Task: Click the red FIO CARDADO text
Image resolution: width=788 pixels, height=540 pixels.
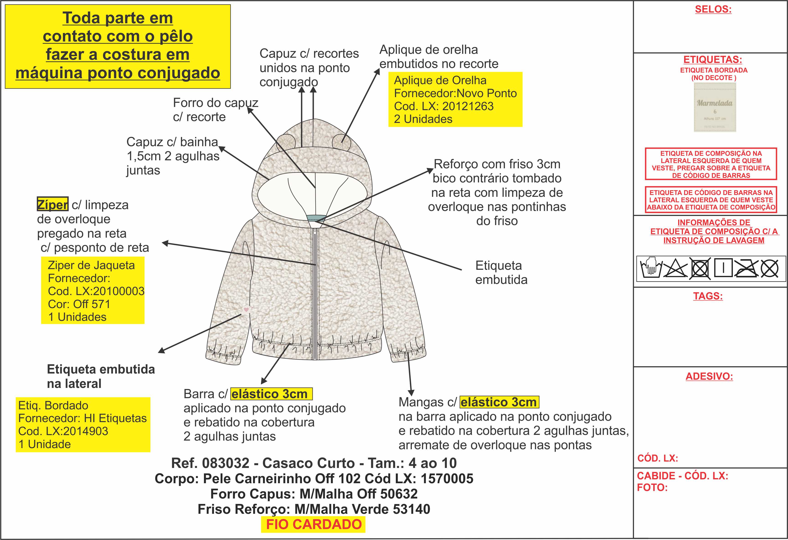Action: tap(314, 524)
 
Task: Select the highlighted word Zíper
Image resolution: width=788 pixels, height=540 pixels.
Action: tap(53, 205)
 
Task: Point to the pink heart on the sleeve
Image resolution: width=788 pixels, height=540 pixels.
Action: tap(246, 309)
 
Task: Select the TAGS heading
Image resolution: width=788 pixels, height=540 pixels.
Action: tap(708, 296)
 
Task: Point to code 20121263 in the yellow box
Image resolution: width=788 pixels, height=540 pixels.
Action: tap(468, 106)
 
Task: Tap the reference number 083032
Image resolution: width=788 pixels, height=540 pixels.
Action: tap(225, 463)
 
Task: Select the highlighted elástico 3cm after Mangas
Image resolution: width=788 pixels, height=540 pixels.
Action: tap(499, 402)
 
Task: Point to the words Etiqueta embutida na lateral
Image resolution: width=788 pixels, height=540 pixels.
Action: tap(101, 376)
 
